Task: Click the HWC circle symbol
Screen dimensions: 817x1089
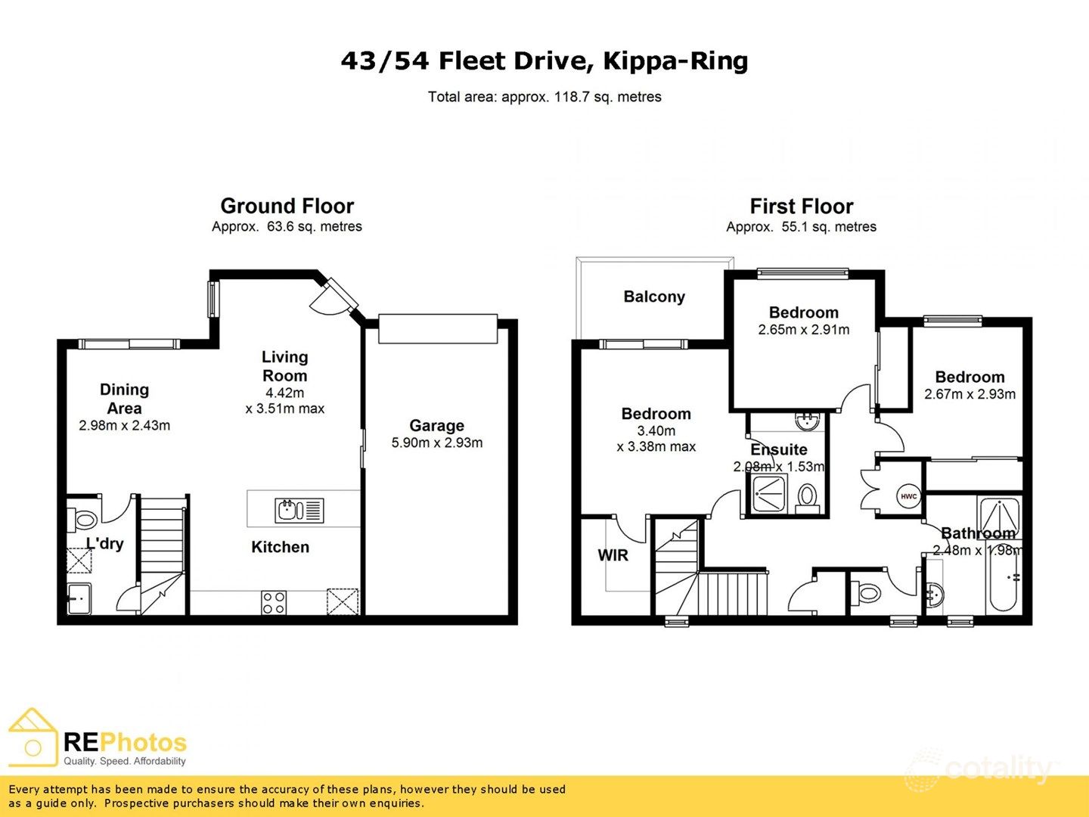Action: click(908, 497)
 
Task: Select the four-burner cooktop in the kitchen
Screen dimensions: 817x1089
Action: click(273, 603)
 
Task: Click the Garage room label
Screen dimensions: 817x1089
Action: click(436, 426)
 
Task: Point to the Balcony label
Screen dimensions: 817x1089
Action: click(654, 297)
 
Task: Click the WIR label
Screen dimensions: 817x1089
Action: click(613, 555)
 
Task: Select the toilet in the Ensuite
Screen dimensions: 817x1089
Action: click(807, 498)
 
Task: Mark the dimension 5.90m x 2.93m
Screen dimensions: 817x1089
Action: click(436, 443)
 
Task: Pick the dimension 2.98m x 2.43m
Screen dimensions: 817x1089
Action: click(124, 426)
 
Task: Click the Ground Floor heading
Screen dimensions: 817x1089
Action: click(287, 206)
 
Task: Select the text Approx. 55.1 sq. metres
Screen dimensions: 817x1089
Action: click(801, 227)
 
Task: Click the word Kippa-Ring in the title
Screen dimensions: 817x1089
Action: click(675, 61)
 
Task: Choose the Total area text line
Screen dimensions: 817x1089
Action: click(544, 97)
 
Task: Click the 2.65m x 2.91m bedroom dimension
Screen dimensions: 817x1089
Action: click(803, 330)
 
